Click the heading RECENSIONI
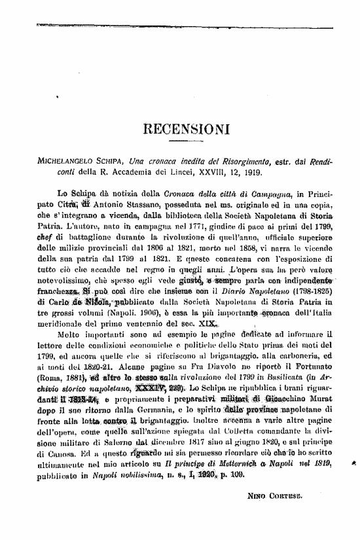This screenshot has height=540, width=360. pos(179,129)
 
